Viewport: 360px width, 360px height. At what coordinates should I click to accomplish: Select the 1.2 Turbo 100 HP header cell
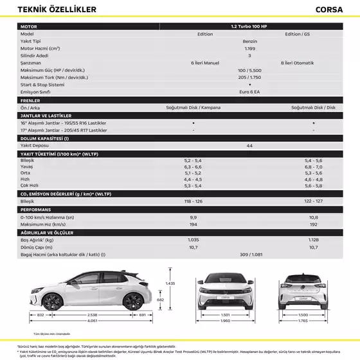pos(249,26)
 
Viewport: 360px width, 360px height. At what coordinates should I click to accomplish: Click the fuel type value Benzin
pos(249,40)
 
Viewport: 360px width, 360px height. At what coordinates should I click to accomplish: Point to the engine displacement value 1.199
pos(249,48)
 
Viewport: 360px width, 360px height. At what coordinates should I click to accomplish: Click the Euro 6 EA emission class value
pos(249,92)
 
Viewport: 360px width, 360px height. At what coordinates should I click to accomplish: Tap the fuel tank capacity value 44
pos(249,146)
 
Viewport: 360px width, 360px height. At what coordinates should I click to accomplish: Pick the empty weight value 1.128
pos(313,239)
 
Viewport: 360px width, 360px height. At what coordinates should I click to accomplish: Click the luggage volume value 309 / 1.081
pos(249,255)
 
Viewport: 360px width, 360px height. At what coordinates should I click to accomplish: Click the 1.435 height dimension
pos(170,283)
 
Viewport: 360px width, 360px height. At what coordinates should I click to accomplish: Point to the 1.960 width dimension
pos(225,320)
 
